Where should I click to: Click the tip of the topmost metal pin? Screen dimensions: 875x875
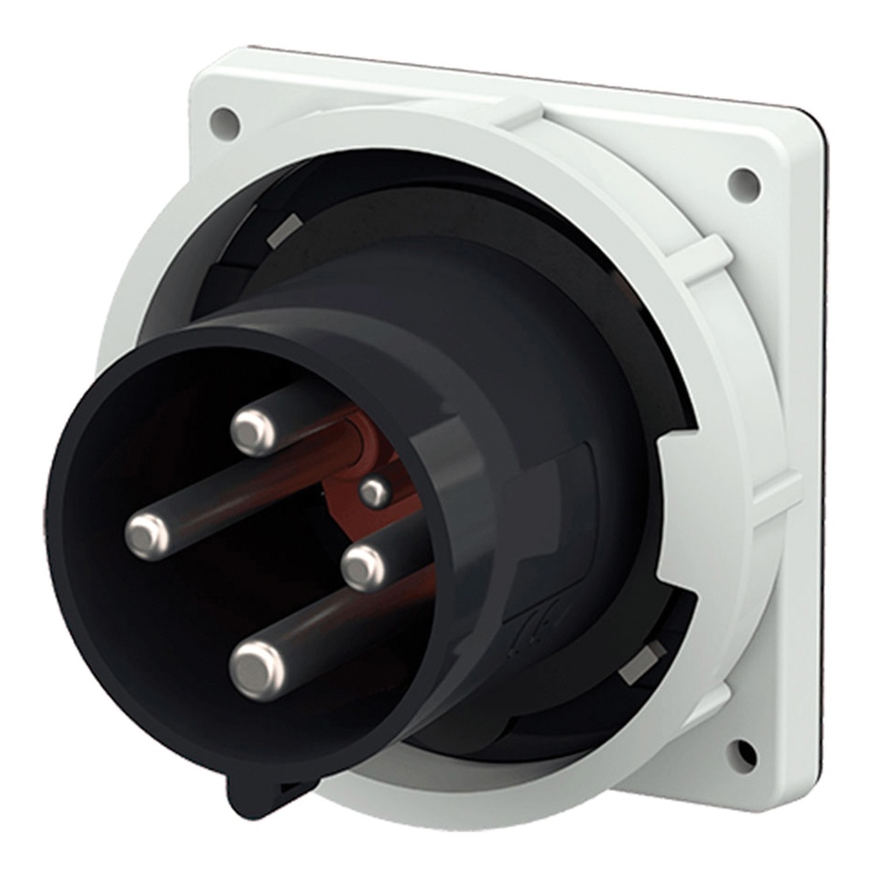coord(254,432)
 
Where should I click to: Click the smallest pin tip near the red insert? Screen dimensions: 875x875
coord(374,491)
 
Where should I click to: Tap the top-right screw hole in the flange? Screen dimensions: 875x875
coord(743,183)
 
